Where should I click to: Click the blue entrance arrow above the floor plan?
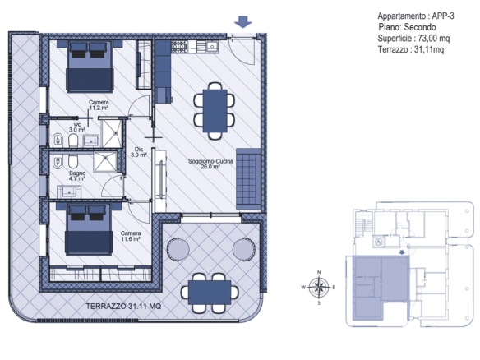[x=243, y=21]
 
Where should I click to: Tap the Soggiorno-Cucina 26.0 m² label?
[x=210, y=164]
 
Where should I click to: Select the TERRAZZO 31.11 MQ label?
[x=123, y=306]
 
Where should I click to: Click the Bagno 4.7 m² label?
[x=77, y=176]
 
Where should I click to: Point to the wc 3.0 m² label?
[x=77, y=127]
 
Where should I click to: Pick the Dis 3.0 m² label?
[x=139, y=152]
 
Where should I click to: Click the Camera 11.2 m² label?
[x=99, y=105]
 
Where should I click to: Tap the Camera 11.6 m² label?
[x=131, y=236]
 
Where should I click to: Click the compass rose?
[x=319, y=288]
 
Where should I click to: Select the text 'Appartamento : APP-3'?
[x=416, y=16]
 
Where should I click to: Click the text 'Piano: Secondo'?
[x=407, y=27]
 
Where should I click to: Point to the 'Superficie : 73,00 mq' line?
[x=413, y=39]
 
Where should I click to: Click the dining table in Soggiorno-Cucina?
[x=215, y=111]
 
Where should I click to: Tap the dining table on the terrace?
[x=210, y=293]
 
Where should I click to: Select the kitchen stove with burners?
[x=179, y=47]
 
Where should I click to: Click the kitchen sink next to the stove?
[x=212, y=47]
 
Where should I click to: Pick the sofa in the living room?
[x=248, y=179]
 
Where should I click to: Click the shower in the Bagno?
[x=105, y=161]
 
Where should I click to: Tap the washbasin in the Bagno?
[x=69, y=192]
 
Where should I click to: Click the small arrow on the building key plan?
[x=402, y=252]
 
